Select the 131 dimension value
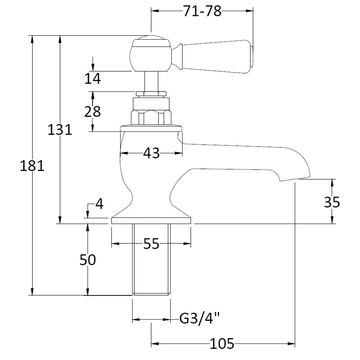(x=60, y=130)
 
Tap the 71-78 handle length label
(x=202, y=11)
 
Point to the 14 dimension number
(x=93, y=78)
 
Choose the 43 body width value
(x=151, y=153)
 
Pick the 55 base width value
(x=151, y=244)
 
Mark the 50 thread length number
(x=87, y=260)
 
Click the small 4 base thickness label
(x=99, y=204)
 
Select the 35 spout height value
(x=332, y=202)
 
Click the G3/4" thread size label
(x=199, y=319)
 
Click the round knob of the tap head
(x=150, y=54)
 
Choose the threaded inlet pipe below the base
(x=151, y=259)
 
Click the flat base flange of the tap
(x=151, y=221)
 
